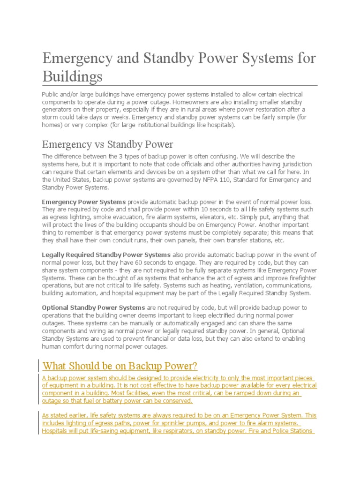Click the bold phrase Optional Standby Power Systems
pyautogui.click(x=93, y=307)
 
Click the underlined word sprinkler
pyautogui.click(x=180, y=423)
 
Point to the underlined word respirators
pyautogui.click(x=173, y=431)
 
